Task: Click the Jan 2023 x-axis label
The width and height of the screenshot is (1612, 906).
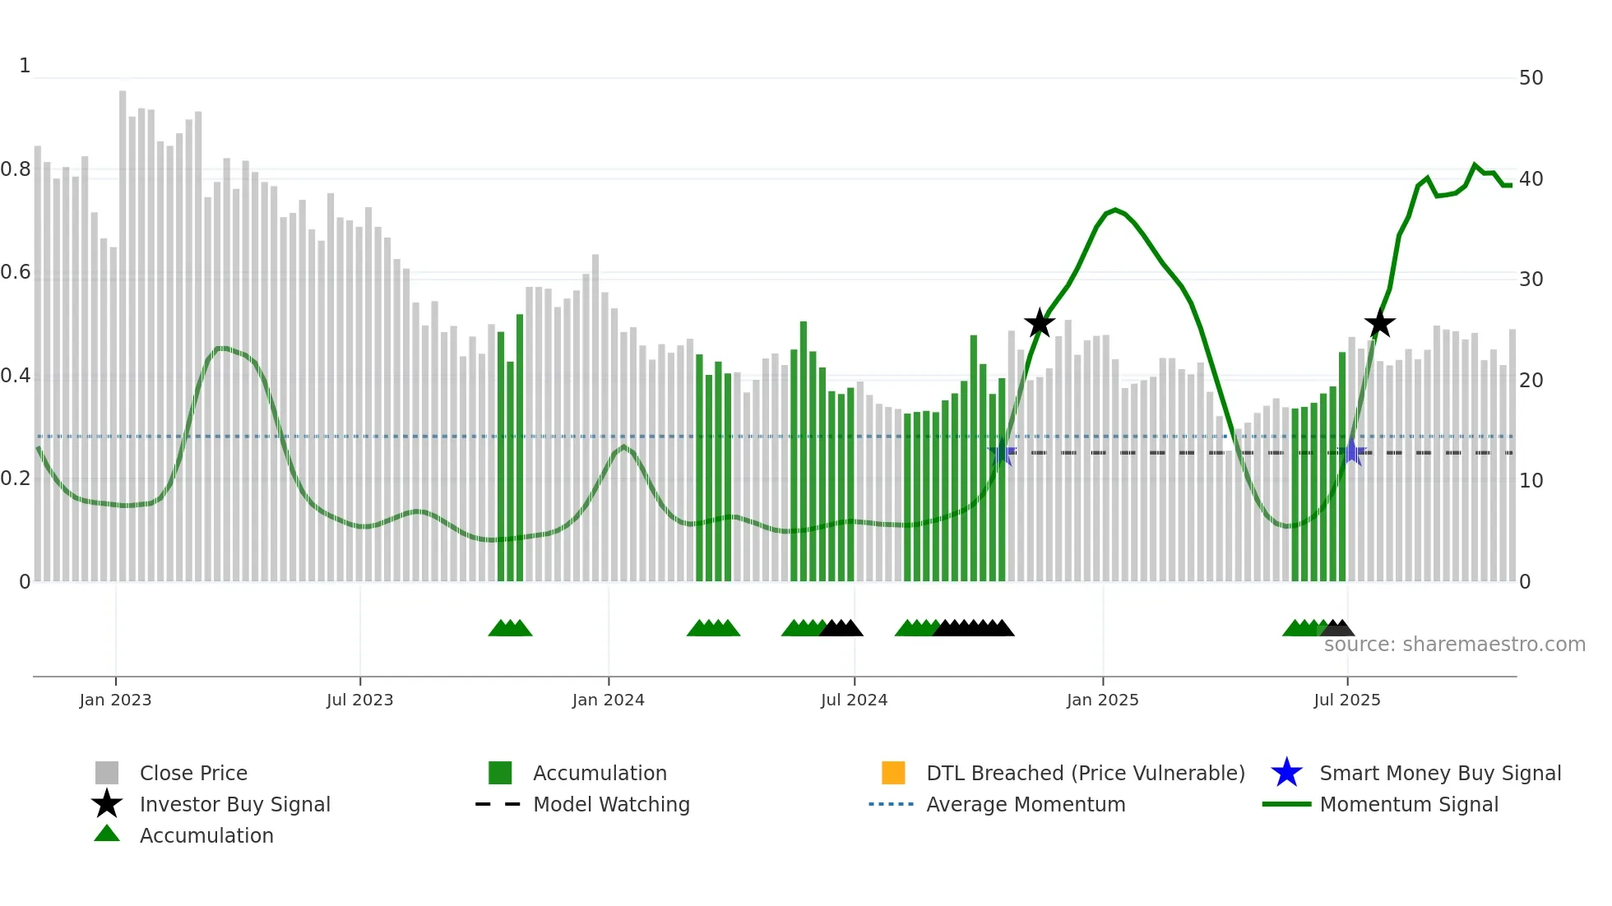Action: pyautogui.click(x=115, y=700)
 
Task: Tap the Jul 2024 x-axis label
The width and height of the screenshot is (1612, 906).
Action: pyautogui.click(x=854, y=700)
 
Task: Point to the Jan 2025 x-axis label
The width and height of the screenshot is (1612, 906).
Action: pyautogui.click(x=1102, y=700)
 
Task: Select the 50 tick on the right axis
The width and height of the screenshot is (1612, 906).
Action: pyautogui.click(x=1531, y=78)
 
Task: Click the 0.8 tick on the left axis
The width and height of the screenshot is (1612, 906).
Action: pyautogui.click(x=16, y=169)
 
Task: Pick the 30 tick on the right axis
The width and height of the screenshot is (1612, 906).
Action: pyautogui.click(x=1531, y=280)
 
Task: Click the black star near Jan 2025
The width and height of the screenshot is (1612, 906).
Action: pyautogui.click(x=1040, y=323)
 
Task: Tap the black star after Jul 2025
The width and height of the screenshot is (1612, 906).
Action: pyautogui.click(x=1379, y=323)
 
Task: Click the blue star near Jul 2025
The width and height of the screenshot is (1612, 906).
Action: pyautogui.click(x=1351, y=452)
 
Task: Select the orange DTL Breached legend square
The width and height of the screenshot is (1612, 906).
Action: pyautogui.click(x=893, y=773)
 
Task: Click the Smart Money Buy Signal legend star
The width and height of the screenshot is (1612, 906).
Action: pyautogui.click(x=1286, y=773)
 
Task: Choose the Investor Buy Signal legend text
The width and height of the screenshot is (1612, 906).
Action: pyautogui.click(x=234, y=804)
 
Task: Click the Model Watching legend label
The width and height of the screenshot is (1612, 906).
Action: pyautogui.click(x=611, y=804)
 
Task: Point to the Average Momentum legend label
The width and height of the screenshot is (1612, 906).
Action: pyautogui.click(x=1026, y=804)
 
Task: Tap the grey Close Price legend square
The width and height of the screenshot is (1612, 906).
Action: pyautogui.click(x=107, y=773)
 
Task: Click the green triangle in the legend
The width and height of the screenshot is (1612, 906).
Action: pyautogui.click(x=107, y=834)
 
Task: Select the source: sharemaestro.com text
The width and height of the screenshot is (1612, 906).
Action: pyautogui.click(x=1454, y=645)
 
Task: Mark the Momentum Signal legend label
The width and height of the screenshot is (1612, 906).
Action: pyautogui.click(x=1409, y=804)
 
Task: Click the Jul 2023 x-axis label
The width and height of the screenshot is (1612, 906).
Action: pyautogui.click(x=359, y=700)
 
